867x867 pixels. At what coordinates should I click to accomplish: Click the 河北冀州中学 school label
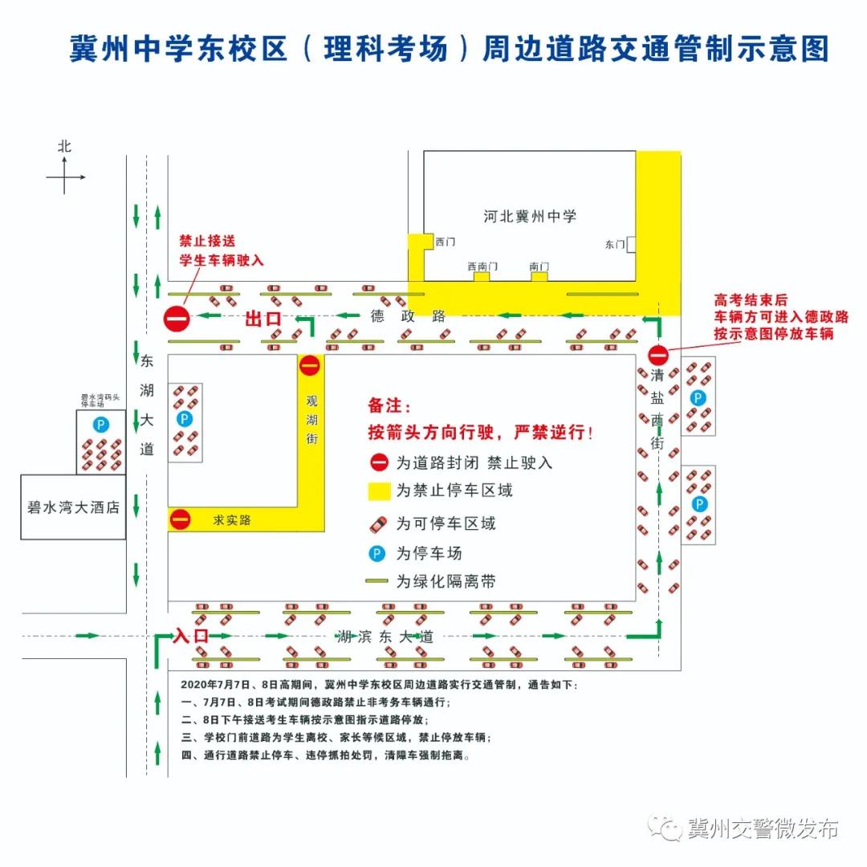point(530,216)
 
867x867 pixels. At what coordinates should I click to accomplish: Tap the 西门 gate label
point(445,241)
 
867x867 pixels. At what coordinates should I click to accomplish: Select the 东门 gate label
point(615,244)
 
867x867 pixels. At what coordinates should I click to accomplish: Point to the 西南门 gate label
point(482,267)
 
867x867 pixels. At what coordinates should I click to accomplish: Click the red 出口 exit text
point(263,320)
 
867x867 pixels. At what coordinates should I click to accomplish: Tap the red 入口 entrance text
point(191,636)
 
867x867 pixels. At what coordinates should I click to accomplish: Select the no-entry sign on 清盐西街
point(658,354)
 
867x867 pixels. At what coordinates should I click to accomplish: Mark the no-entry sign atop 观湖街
point(310,366)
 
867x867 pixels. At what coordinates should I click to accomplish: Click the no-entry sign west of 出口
point(177,319)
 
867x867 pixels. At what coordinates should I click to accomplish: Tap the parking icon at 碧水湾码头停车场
point(101,424)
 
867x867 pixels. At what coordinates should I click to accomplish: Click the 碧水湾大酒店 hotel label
point(73,507)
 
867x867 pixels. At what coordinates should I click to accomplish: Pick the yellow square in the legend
point(379,490)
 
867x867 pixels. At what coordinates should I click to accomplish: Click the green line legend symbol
point(379,581)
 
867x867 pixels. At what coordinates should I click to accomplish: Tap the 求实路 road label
point(232,520)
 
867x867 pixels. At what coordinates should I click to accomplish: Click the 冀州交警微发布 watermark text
point(763,828)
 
